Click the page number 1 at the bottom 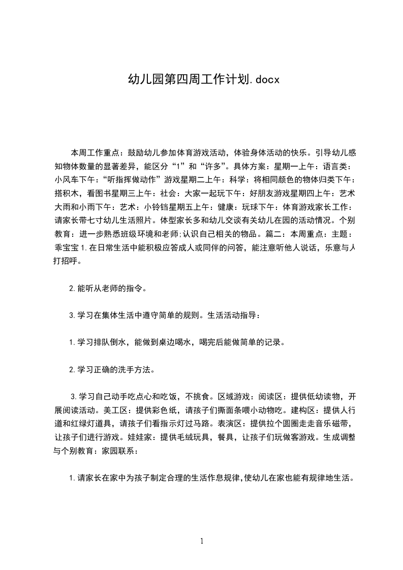point(202,541)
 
